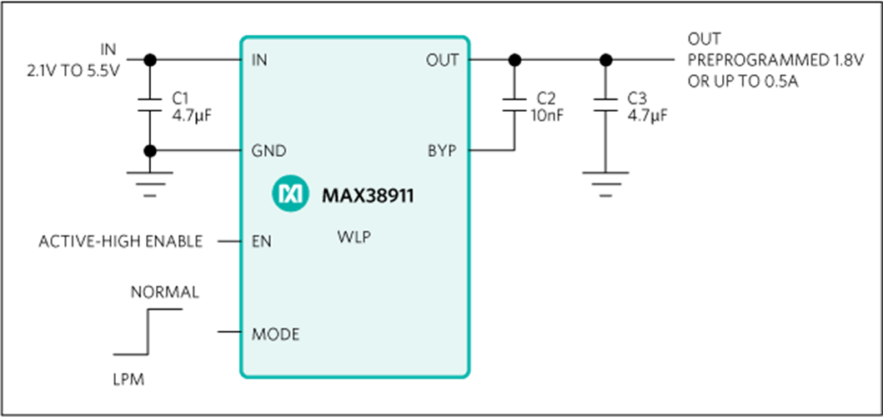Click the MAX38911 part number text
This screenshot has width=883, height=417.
(x=368, y=196)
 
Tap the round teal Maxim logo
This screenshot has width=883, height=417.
(x=290, y=194)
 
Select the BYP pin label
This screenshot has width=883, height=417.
(x=442, y=151)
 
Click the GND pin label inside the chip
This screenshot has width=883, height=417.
(x=269, y=151)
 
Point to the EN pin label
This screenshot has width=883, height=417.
(x=261, y=242)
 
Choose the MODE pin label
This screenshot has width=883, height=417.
(x=275, y=334)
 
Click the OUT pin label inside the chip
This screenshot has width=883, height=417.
(x=444, y=60)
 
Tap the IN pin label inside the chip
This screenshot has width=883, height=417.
(x=259, y=60)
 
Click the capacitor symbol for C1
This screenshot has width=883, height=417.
(x=150, y=105)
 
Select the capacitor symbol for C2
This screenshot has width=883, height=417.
(x=514, y=105)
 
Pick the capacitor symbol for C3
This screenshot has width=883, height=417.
(x=605, y=105)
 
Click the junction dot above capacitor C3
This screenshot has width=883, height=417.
(x=605, y=59)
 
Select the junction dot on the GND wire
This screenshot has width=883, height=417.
(x=150, y=150)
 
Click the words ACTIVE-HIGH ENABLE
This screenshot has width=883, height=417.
(x=121, y=242)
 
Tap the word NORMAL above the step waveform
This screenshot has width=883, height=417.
(x=165, y=293)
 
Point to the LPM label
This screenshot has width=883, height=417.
(x=129, y=380)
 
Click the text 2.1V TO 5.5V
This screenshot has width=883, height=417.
(x=73, y=72)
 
